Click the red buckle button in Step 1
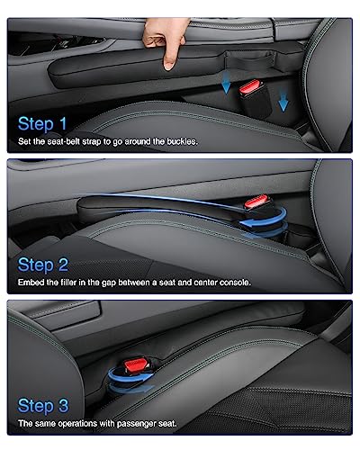click(x=247, y=89)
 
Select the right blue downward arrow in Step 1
click(x=283, y=102)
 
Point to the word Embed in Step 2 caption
click(x=32, y=283)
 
